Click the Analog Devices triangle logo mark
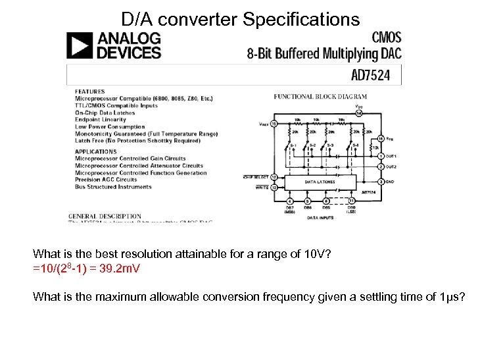80,45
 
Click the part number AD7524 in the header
371,75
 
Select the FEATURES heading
89,91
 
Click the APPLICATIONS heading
96,151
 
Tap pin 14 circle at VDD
358,113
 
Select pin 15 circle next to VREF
274,123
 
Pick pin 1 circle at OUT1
382,157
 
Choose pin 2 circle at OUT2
382,167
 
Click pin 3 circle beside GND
382,181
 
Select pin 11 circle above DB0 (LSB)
351,200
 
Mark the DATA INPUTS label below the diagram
321,217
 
